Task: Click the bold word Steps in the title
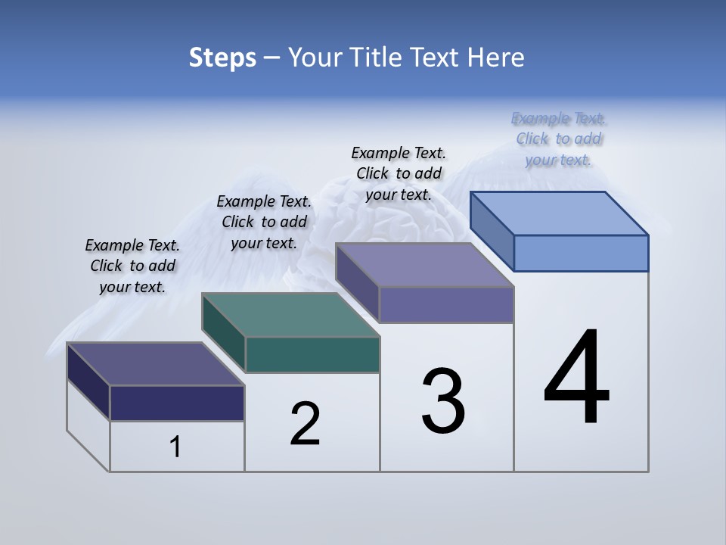[222, 58]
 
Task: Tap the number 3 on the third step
[443, 401]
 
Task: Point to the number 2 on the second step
[305, 424]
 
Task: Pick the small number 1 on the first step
[175, 447]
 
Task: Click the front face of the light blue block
[581, 253]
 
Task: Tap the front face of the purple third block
[446, 304]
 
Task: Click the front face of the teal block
[312, 354]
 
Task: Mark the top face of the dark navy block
[155, 364]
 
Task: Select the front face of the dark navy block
[177, 403]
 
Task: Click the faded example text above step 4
[559, 139]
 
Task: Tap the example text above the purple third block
[399, 173]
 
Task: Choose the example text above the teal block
[264, 222]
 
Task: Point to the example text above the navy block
[132, 266]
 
